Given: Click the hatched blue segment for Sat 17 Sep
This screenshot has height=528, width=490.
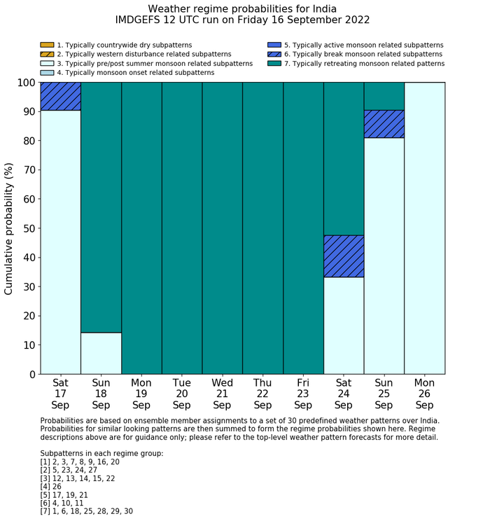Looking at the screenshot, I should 60,96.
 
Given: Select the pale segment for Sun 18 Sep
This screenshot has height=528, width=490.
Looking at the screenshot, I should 101,353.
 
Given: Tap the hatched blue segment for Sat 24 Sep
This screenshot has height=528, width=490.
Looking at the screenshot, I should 343,256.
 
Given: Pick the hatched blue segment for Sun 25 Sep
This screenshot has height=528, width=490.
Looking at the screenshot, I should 384,124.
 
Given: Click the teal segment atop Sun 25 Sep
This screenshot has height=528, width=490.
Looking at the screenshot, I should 384,96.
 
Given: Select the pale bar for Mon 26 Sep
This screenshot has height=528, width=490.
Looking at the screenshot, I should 424,228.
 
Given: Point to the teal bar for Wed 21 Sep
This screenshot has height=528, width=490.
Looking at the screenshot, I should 222,228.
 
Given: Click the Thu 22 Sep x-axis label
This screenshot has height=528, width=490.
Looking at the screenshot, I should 262,394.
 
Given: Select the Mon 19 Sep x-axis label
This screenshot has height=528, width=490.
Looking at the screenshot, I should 141,394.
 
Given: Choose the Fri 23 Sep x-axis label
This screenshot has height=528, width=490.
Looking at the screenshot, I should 303,394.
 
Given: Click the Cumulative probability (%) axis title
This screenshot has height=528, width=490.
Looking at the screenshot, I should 9,228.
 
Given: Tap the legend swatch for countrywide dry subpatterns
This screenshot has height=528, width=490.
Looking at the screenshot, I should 47,45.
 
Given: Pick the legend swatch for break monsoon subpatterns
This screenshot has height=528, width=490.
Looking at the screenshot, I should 274,54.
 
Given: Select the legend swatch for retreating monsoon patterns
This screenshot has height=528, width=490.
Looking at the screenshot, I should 274,63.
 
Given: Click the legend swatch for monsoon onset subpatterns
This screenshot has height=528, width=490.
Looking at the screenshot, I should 47,72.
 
